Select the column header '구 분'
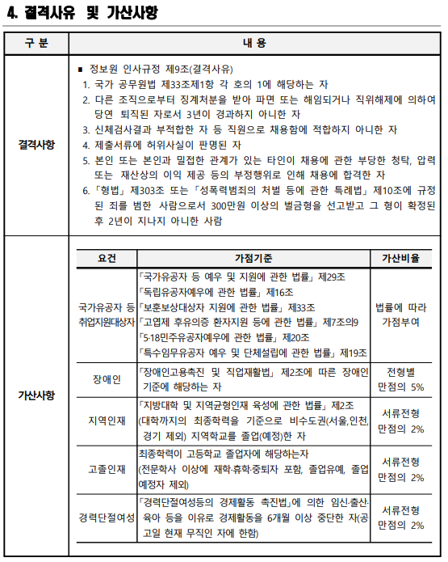pos(36,43)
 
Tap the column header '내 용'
pos(253,43)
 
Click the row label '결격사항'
pos(36,145)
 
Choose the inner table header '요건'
pos(107,258)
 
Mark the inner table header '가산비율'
pos(400,258)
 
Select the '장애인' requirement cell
pos(107,379)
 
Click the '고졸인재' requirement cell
pos(107,468)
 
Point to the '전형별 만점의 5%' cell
pos(400,379)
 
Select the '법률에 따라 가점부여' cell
pos(400,314)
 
